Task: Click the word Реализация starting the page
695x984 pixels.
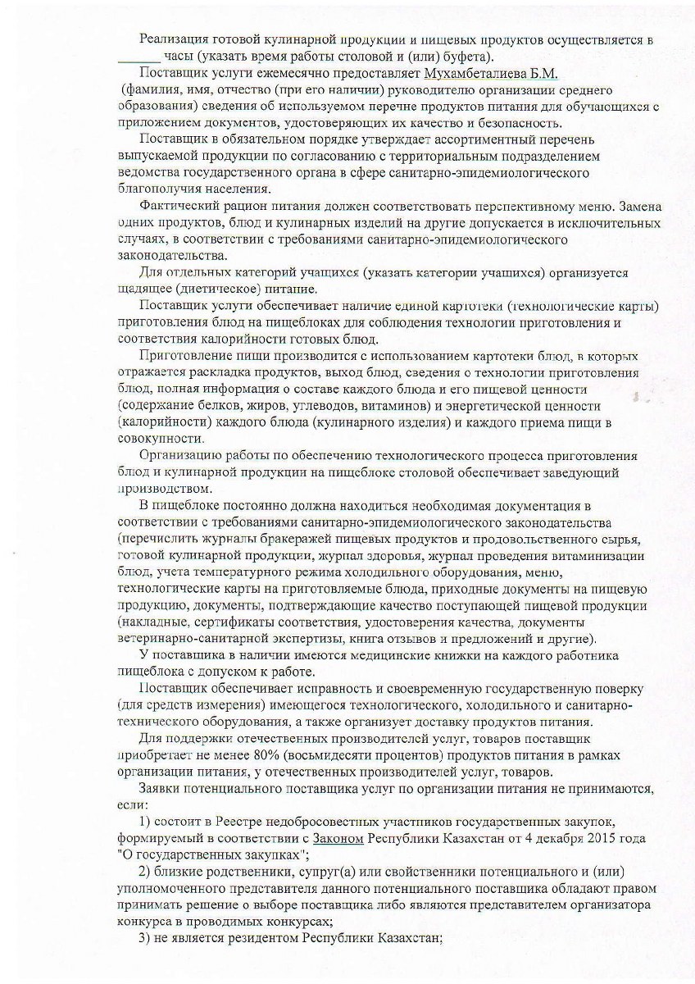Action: tap(178, 39)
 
